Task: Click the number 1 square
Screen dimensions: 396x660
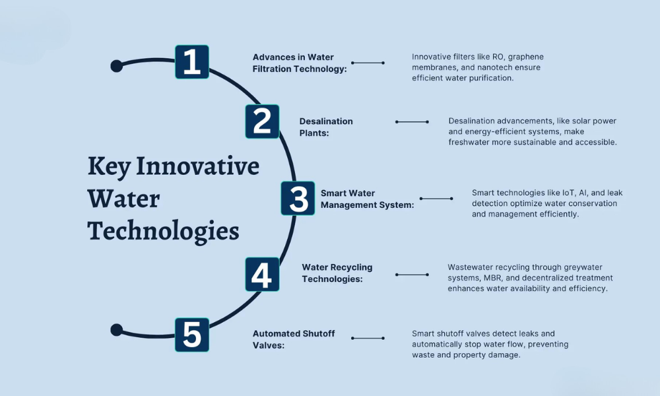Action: pyautogui.click(x=191, y=62)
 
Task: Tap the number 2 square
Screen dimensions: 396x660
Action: pyautogui.click(x=262, y=121)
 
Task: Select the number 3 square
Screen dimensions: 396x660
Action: pyautogui.click(x=298, y=199)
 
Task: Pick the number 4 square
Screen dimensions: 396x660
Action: pyautogui.click(x=262, y=275)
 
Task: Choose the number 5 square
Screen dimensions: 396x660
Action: pyautogui.click(x=191, y=335)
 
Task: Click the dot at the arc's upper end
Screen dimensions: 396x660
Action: pyautogui.click(x=117, y=66)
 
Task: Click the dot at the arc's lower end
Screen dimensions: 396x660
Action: pyautogui.click(x=117, y=330)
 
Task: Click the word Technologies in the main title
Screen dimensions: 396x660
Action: pyautogui.click(x=163, y=231)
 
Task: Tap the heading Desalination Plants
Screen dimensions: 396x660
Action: pyautogui.click(x=326, y=127)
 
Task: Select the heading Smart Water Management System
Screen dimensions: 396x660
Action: pyautogui.click(x=367, y=199)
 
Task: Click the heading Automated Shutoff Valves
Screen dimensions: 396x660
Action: pyautogui.click(x=294, y=339)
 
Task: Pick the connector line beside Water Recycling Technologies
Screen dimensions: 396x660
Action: pyautogui.click(x=412, y=275)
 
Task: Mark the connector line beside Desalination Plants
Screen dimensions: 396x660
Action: pyautogui.click(x=412, y=121)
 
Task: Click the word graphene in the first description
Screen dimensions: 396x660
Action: pyautogui.click(x=523, y=57)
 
